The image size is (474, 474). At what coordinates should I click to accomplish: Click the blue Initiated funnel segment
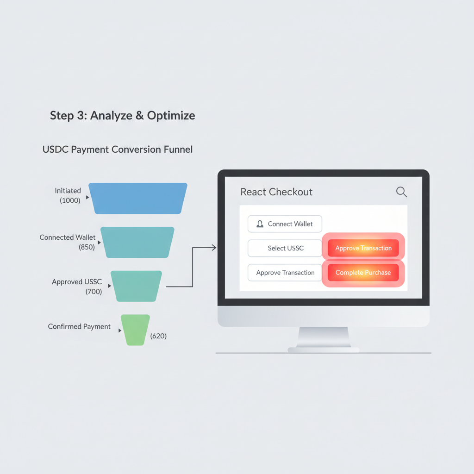click(138, 198)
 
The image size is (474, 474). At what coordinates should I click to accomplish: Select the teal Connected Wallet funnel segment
click(137, 242)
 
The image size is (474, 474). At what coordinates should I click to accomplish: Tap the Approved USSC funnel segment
click(137, 286)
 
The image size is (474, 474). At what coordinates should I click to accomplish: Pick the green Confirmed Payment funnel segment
click(135, 329)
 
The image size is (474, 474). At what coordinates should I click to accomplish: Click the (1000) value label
click(70, 200)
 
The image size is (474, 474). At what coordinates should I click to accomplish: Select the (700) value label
click(94, 292)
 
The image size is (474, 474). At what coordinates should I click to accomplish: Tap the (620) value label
click(158, 336)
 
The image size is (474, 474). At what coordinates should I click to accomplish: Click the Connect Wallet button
click(285, 224)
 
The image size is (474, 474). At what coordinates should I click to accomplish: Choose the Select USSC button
click(285, 248)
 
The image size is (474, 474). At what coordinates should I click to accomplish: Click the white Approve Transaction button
click(285, 273)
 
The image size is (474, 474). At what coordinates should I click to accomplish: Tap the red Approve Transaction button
click(363, 248)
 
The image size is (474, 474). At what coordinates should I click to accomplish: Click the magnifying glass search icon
click(401, 192)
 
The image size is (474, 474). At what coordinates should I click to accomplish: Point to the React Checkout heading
click(276, 192)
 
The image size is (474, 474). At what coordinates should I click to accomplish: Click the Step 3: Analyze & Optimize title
click(122, 115)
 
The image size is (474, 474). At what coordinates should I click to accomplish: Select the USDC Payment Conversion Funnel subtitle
click(118, 150)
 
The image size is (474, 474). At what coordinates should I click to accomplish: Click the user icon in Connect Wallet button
click(260, 224)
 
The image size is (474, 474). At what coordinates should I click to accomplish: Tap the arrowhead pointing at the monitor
click(214, 248)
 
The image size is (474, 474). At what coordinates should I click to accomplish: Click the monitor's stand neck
click(323, 337)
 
